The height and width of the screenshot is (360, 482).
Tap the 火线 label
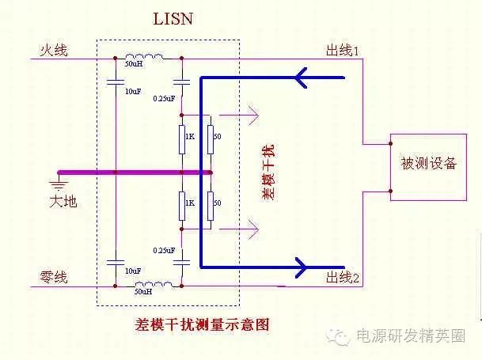click(54, 51)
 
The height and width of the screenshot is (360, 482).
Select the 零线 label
click(54, 277)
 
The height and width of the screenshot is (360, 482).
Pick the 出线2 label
click(343, 278)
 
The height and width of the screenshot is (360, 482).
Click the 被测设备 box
click(429, 165)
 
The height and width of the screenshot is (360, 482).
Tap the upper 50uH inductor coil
click(145, 56)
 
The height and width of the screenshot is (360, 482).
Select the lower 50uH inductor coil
click(145, 284)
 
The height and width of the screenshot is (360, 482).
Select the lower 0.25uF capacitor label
click(163, 251)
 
